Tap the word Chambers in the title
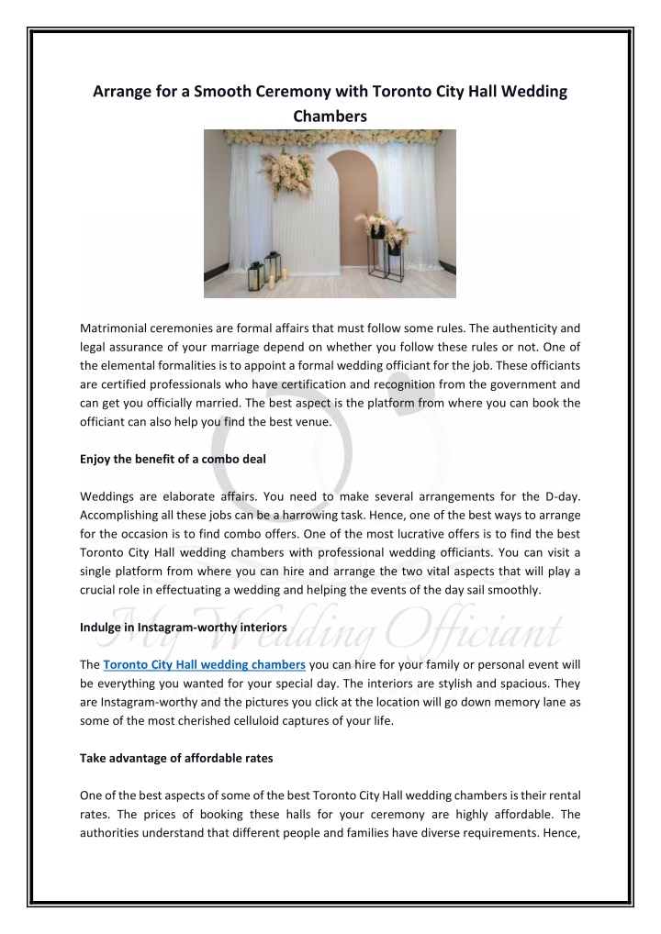(330, 117)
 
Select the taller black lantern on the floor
(256, 275)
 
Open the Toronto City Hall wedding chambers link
(204, 663)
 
